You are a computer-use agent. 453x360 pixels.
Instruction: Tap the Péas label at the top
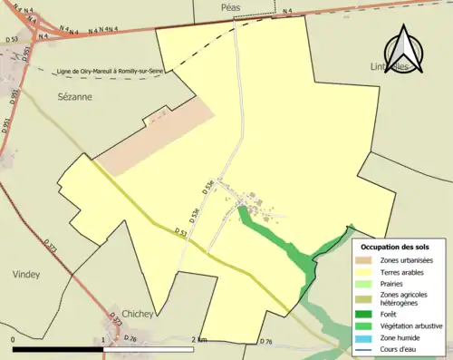point(234,6)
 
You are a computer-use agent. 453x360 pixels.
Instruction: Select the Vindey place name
point(26,274)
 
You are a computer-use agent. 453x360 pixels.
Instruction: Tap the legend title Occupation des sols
point(396,248)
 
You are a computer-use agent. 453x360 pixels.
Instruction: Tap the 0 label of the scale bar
point(14,339)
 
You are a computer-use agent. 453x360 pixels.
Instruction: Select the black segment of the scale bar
point(59,349)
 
